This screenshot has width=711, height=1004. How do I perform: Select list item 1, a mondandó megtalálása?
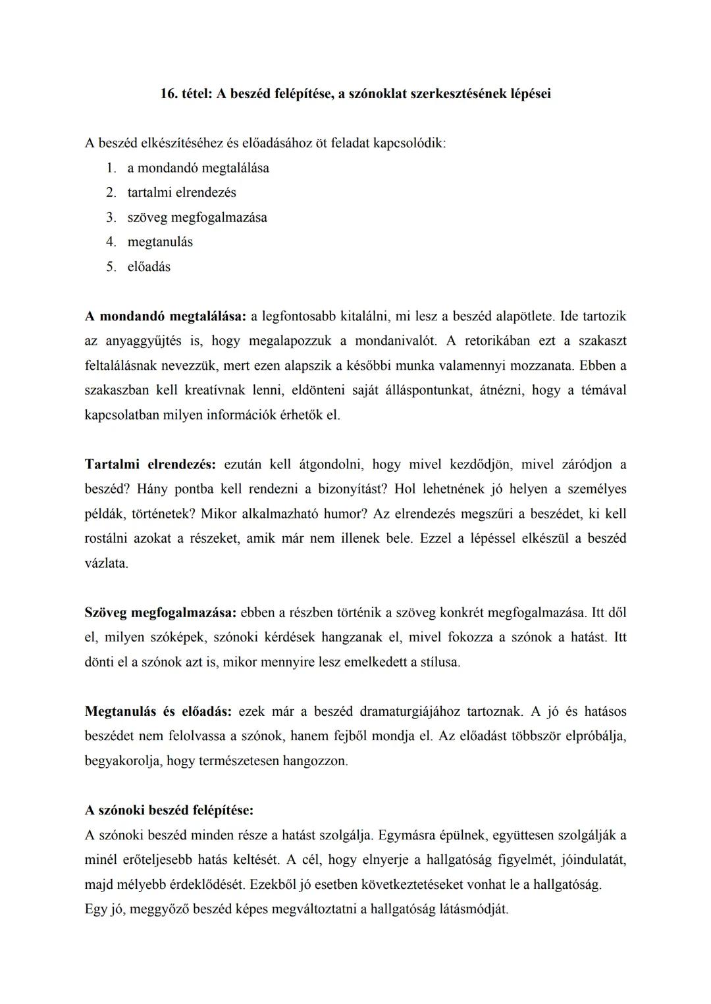[198, 168]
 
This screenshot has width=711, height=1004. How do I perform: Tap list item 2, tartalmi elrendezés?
[182, 193]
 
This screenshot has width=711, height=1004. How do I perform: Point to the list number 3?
[111, 217]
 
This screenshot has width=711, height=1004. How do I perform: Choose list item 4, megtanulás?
[160, 242]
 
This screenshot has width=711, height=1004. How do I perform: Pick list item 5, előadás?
[149, 266]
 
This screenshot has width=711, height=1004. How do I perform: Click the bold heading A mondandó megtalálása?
[165, 316]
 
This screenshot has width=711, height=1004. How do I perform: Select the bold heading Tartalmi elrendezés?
[150, 464]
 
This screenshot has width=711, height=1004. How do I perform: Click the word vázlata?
[106, 563]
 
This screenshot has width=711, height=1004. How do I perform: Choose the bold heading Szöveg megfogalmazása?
[160, 613]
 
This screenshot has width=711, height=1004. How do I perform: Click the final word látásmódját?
[472, 909]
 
